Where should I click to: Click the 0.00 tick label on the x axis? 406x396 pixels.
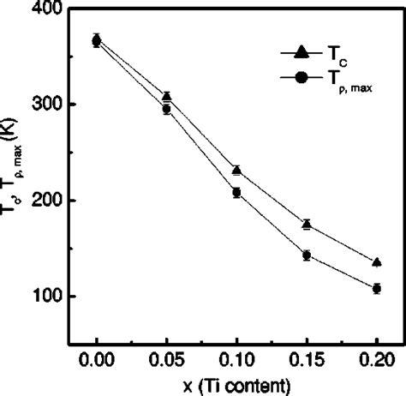coord(97,354)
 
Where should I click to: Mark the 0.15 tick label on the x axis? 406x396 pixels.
coord(307,354)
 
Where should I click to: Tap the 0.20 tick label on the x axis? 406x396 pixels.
coord(376,354)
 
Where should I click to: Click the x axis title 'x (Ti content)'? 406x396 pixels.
coord(236,382)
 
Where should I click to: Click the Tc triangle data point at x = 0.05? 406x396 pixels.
coord(167,96)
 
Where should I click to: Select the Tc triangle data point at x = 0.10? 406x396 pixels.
coord(236,170)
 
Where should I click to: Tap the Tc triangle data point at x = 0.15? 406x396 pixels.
coord(307,224)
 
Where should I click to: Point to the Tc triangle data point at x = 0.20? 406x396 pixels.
coord(376,261)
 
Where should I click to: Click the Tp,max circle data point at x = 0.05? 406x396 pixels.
coord(167,109)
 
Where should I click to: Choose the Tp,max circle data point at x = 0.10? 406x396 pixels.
coord(236,192)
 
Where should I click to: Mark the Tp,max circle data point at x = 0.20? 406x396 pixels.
coord(376,289)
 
